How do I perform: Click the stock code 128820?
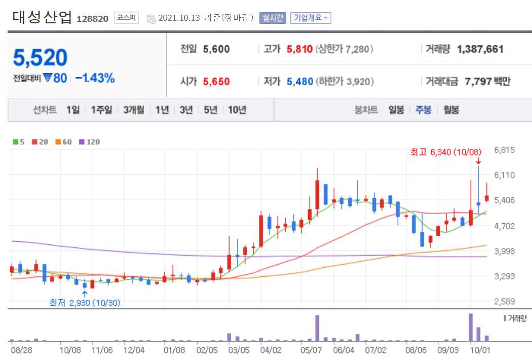click(92, 18)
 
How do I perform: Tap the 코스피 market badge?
click(126, 18)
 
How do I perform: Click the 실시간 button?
click(273, 18)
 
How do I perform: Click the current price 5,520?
click(40, 58)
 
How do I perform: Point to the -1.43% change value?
click(95, 78)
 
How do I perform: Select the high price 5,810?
click(299, 49)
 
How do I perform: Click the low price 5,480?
click(299, 81)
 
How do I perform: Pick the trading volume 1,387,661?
click(480, 49)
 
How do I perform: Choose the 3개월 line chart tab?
click(133, 110)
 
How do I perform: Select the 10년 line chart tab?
click(237, 110)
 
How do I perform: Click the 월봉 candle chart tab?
click(451, 110)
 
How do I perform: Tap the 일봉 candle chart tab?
click(396, 110)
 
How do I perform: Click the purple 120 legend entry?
click(90, 142)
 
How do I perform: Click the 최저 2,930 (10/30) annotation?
click(85, 303)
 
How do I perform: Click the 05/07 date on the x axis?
click(314, 350)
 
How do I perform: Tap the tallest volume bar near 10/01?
click(471, 328)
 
